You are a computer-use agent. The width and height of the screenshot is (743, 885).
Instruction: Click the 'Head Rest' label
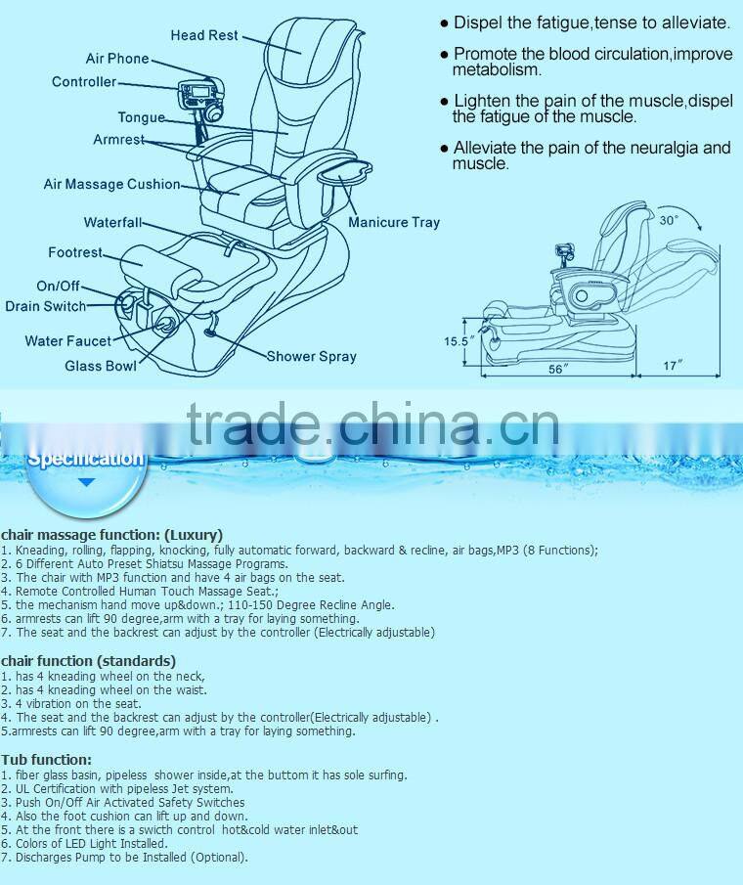(x=204, y=35)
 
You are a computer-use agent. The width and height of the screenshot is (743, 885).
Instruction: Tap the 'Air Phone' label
(x=117, y=59)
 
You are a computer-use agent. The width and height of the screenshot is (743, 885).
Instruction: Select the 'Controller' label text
(x=84, y=82)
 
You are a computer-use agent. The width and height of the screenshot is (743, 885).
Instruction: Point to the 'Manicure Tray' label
(x=394, y=222)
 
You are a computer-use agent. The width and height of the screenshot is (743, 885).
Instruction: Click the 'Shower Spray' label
(x=312, y=357)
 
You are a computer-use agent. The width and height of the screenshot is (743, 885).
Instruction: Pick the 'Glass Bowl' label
(x=101, y=367)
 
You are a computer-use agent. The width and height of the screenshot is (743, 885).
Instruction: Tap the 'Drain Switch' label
(x=46, y=306)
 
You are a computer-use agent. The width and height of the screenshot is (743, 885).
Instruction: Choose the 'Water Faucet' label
(x=68, y=341)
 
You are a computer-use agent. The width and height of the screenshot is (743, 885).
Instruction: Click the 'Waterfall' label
(x=112, y=222)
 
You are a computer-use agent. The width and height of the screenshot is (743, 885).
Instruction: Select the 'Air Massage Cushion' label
(x=111, y=185)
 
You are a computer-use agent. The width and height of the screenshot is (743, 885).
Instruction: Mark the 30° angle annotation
(x=669, y=220)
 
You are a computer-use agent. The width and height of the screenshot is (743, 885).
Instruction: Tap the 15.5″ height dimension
(x=457, y=341)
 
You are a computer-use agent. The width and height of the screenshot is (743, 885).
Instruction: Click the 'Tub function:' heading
(x=46, y=760)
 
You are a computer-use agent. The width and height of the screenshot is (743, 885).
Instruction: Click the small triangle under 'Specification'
(x=86, y=482)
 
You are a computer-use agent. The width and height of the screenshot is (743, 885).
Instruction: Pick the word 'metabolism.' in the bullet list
(x=497, y=70)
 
